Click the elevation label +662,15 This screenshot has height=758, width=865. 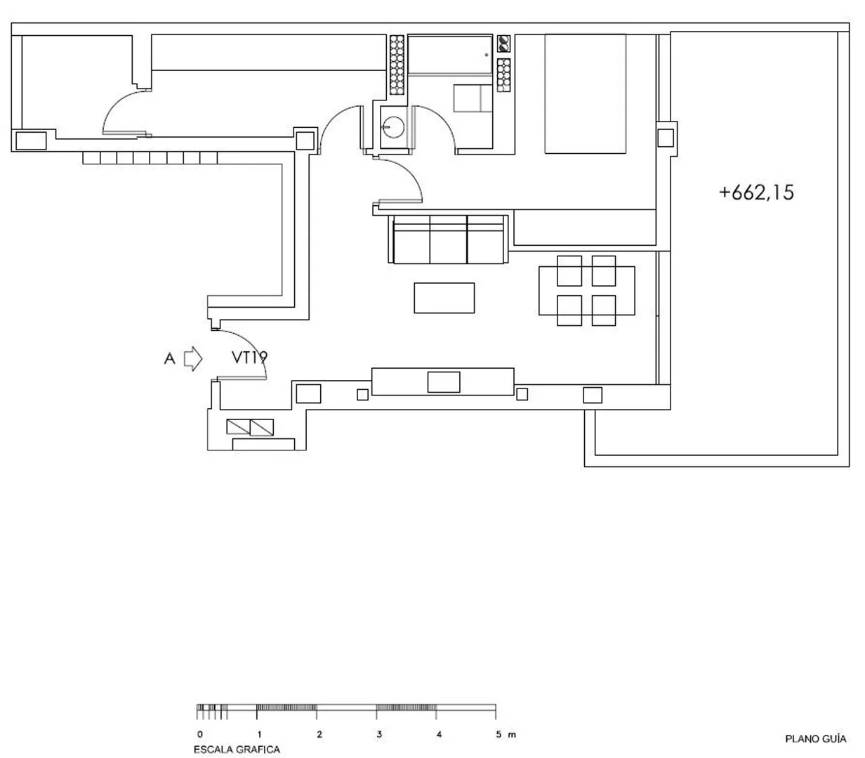pos(756,192)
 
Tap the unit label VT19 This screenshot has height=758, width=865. pos(249,358)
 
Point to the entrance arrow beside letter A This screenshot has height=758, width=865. pos(193,359)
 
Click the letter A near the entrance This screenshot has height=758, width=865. pos(169,359)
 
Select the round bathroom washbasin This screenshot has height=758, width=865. pos(393,127)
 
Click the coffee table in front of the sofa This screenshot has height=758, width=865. pos(444,298)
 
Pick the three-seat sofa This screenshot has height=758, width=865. pos(448,240)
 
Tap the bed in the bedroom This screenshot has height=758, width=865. pos(585,93)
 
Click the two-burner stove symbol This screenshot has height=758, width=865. pos(503,44)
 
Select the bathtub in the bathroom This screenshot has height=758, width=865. pos(450,55)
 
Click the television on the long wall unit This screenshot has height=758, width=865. pos(444,382)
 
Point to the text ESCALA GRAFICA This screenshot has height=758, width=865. pos(237,750)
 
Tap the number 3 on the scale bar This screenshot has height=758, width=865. pos(379,734)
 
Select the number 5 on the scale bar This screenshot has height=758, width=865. pos(499,734)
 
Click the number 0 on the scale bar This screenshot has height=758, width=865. pos(200,734)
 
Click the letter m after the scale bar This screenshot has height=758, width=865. pos(512,735)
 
